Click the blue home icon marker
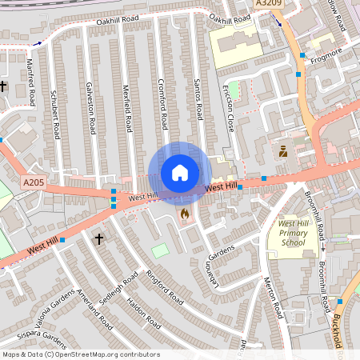[x=180, y=173]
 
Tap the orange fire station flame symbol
[x=185, y=214]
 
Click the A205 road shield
[x=34, y=183]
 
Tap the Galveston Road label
[x=93, y=111]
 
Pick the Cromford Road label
[x=162, y=103]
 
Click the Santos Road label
[x=198, y=99]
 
